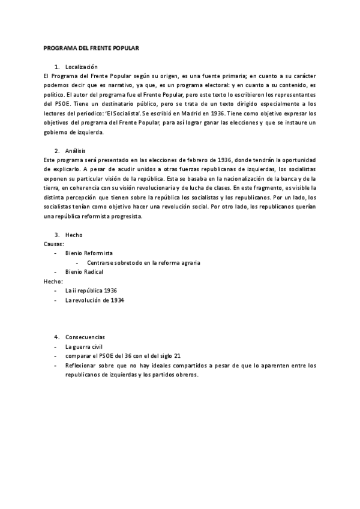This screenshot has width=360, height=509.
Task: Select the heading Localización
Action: coord(81,66)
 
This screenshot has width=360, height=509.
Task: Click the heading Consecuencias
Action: coord(85,337)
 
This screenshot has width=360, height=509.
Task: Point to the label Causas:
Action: coord(54,244)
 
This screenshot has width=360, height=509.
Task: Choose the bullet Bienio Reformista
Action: coord(89,253)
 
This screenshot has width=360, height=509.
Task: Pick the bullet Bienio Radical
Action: coord(85,272)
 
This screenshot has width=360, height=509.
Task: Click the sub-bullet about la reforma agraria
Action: coord(143,262)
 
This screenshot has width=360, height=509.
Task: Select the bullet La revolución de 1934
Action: coord(95,300)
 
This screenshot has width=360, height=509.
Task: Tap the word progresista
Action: coord(125,216)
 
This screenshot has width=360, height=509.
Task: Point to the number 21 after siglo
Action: coord(176,356)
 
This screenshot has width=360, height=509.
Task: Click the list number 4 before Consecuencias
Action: coord(56,337)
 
